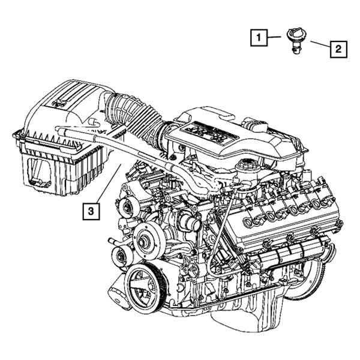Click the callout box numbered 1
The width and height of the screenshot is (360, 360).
coord(259,38)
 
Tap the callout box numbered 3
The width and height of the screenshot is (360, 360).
coord(91,211)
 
